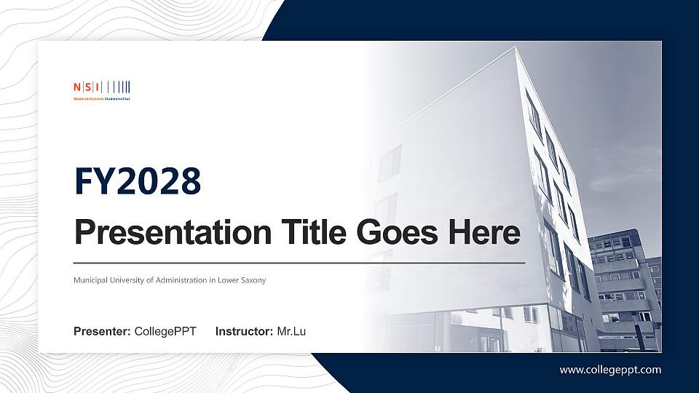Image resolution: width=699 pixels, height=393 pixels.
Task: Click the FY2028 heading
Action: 138,182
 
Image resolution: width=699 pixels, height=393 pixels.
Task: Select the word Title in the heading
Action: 307,233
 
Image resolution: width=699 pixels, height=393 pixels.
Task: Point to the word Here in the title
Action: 483,233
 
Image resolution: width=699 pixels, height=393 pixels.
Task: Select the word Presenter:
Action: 102,332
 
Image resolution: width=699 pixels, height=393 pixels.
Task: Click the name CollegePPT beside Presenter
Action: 165,332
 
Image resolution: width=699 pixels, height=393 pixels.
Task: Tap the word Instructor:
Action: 245,332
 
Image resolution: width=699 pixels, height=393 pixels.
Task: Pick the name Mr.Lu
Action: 291,332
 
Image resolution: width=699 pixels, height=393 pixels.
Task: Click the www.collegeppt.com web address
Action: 610,370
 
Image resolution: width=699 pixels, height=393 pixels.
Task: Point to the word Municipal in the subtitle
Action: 90,280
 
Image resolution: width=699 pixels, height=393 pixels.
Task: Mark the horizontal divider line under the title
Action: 299,262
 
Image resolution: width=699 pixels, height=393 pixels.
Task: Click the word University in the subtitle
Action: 129,280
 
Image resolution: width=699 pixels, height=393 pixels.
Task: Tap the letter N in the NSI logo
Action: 76,87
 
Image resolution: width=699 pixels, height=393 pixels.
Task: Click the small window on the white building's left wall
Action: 390,162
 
